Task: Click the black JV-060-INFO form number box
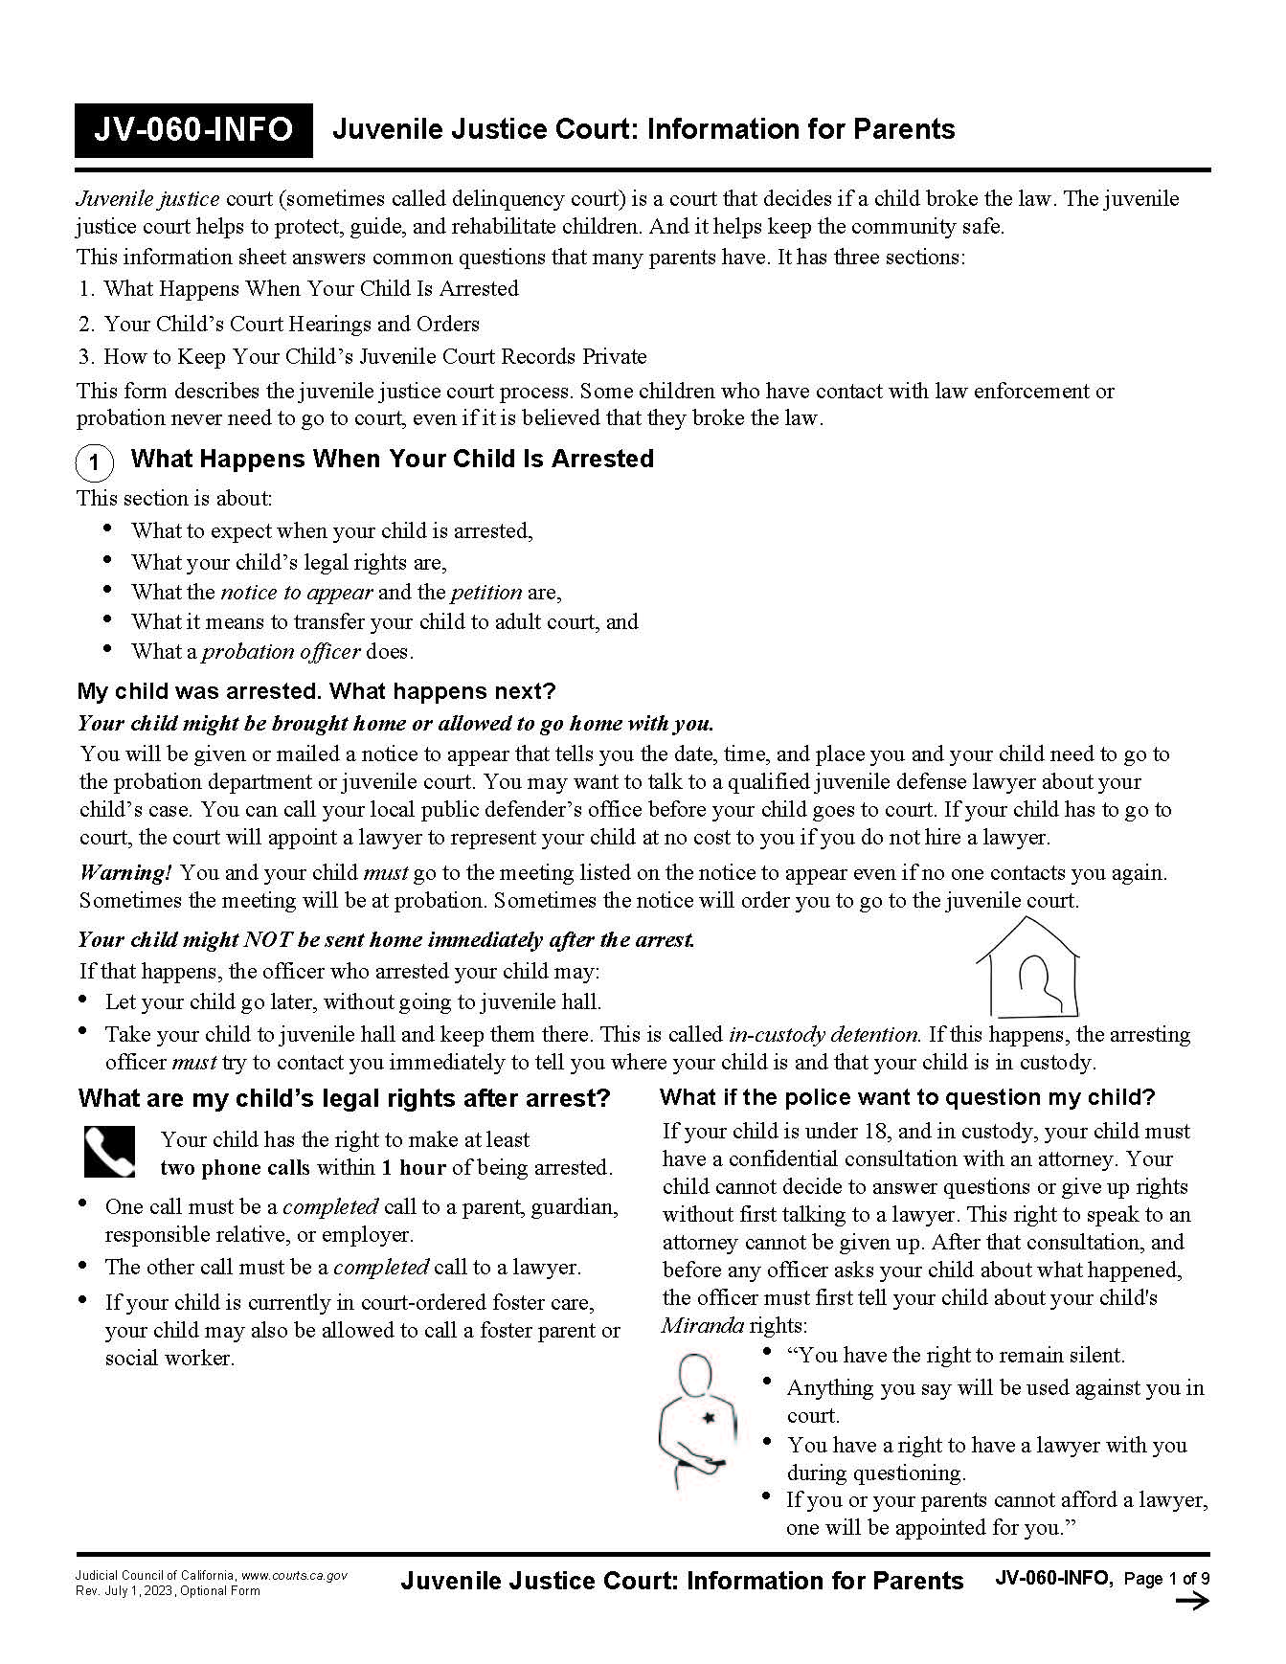pyautogui.click(x=193, y=130)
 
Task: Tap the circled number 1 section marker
pyautogui.click(x=94, y=463)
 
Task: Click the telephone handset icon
pyautogui.click(x=109, y=1152)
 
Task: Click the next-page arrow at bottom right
pyautogui.click(x=1192, y=1602)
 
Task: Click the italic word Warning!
pyautogui.click(x=125, y=873)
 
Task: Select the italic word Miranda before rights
pyautogui.click(x=702, y=1326)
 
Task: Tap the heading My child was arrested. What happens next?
pyautogui.click(x=316, y=691)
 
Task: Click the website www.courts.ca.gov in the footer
pyautogui.click(x=294, y=1575)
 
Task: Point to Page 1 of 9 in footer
pyautogui.click(x=1165, y=1579)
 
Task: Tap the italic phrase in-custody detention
pyautogui.click(x=824, y=1035)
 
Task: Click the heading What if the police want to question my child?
pyautogui.click(x=908, y=1097)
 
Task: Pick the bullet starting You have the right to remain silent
pyautogui.click(x=955, y=1356)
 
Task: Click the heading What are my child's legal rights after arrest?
pyautogui.click(x=344, y=1098)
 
